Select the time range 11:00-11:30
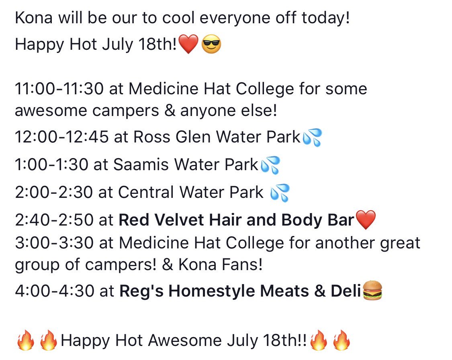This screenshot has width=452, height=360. [x=59, y=88]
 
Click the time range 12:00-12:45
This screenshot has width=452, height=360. [x=62, y=137]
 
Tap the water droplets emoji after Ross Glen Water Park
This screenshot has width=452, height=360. [x=312, y=138]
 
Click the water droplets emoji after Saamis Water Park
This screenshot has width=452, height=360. [x=270, y=165]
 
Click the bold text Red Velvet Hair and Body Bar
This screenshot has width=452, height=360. [x=237, y=220]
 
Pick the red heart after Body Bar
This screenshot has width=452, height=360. [x=366, y=220]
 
